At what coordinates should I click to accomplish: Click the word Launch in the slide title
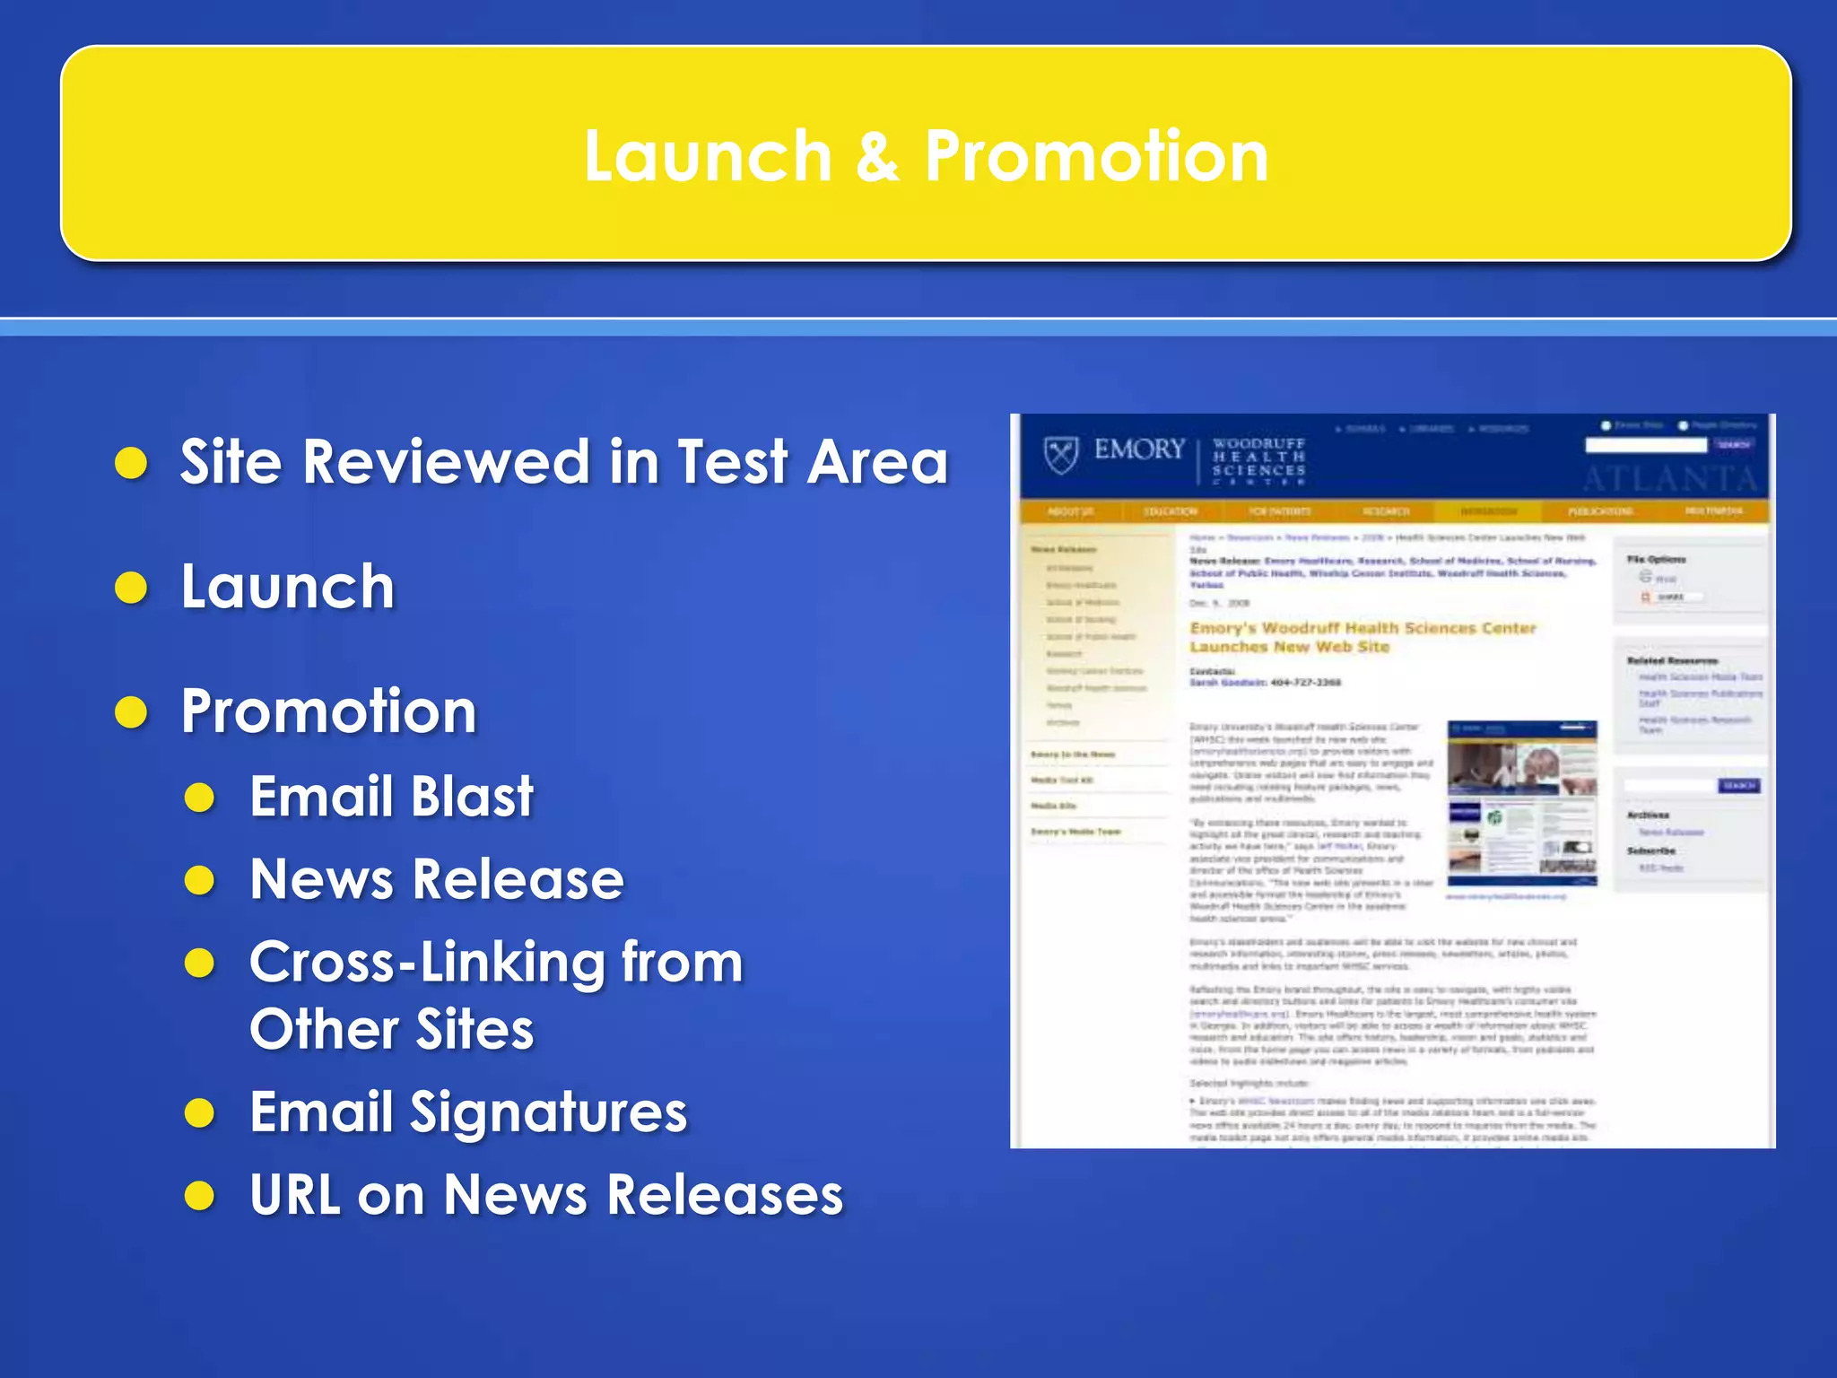click(x=708, y=157)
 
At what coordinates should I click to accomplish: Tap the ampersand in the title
click(x=877, y=157)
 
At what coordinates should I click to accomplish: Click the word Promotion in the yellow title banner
click(x=1096, y=157)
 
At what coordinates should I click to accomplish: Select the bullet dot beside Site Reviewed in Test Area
click(x=132, y=464)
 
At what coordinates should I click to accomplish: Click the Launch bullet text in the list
click(x=287, y=587)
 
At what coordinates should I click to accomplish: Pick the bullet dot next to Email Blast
click(x=199, y=798)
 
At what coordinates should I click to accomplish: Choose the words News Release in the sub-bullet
click(x=436, y=879)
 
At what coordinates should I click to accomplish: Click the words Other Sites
click(x=391, y=1029)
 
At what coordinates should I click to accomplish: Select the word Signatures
click(x=548, y=1112)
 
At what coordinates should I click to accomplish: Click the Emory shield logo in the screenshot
click(x=1061, y=454)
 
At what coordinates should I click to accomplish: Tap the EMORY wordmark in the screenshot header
click(x=1139, y=449)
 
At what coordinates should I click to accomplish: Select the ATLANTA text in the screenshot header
click(x=1668, y=480)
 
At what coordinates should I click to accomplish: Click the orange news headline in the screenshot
click(x=1362, y=637)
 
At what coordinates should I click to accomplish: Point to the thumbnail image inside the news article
click(x=1522, y=803)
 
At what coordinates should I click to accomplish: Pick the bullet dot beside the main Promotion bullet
click(x=132, y=713)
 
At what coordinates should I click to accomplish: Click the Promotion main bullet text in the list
click(x=328, y=711)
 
